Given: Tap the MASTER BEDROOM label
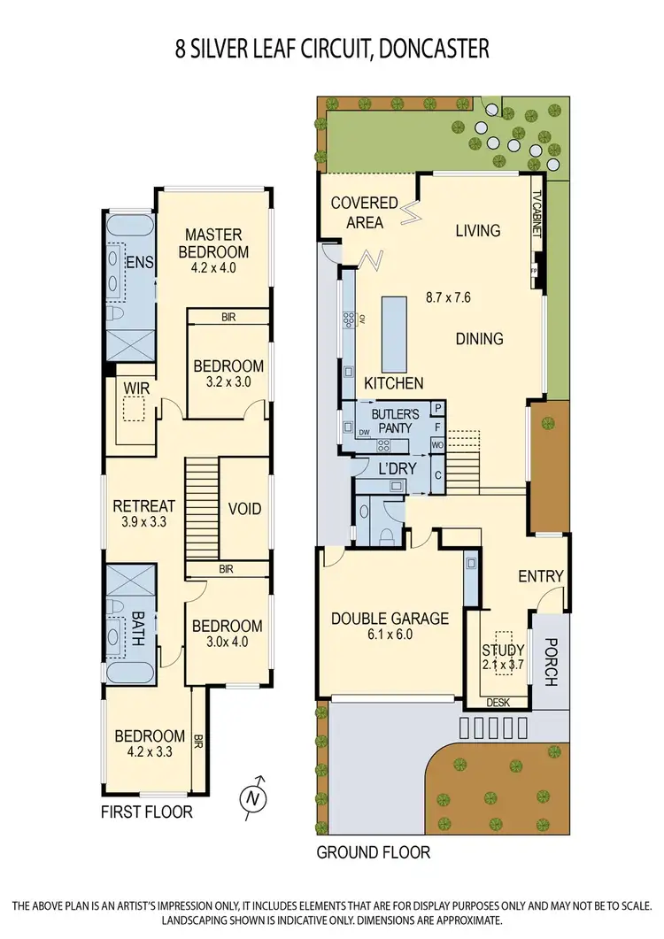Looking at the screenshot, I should pos(213,242).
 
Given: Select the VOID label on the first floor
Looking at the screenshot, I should pos(244,509).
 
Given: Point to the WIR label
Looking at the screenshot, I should pos(135,387).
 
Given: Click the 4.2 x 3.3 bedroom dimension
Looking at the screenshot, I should pos(149,752).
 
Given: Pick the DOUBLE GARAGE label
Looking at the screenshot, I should pos(390,619).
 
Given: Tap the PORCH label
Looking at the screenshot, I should pos(550,664).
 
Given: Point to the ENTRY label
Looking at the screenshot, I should pos(540,576).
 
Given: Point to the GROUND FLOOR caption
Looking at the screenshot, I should pos(374,852).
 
